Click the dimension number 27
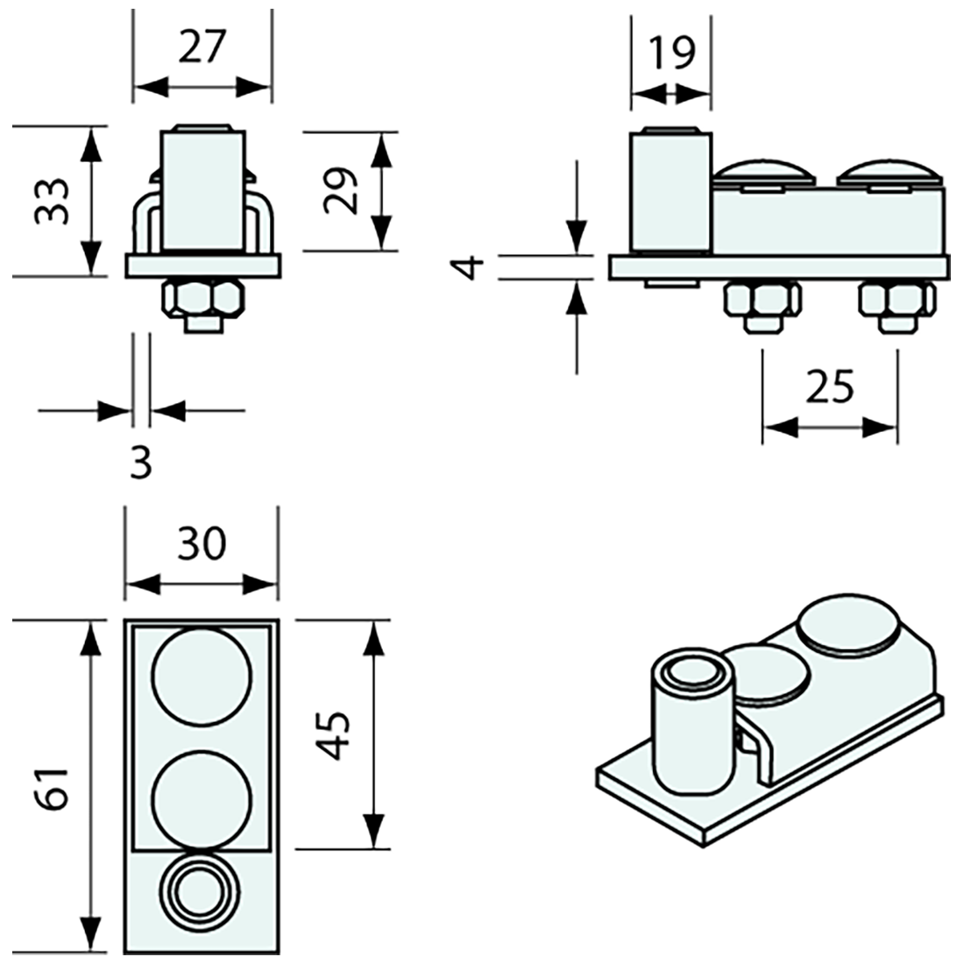202,46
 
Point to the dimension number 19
672,53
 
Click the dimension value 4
471,266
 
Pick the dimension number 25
829,386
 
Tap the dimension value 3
140,463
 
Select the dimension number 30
201,544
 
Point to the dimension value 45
336,735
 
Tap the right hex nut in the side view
896,301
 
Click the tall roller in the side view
670,190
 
